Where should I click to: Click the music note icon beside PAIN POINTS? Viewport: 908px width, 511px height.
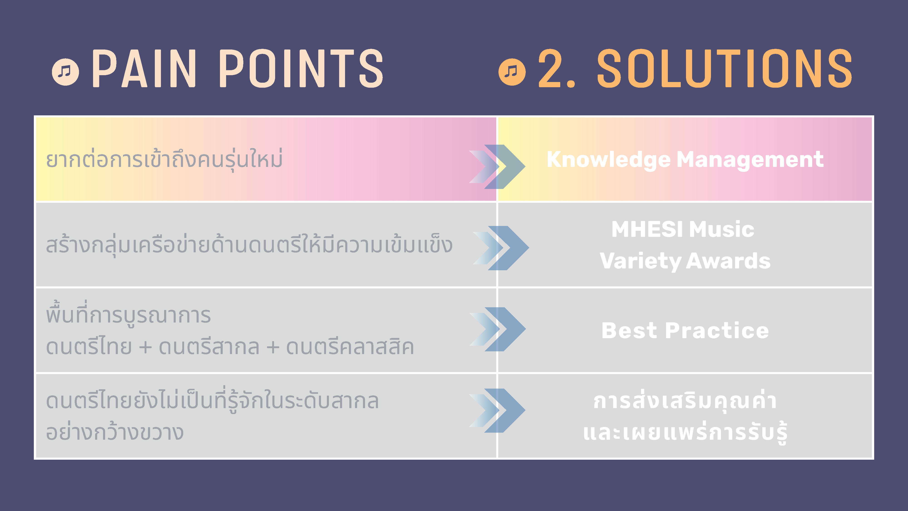point(66,72)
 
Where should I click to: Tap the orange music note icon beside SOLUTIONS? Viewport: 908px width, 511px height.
point(512,72)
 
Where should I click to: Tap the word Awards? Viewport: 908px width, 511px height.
point(729,261)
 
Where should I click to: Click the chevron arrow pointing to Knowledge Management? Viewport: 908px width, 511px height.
point(497,166)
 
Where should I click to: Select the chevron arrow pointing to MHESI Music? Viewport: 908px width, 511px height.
point(501,248)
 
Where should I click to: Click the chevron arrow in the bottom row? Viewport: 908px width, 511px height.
point(497,410)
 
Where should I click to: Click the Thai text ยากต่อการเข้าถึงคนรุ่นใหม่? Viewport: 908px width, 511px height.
point(164,159)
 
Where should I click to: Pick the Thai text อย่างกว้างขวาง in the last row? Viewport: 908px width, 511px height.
point(115,432)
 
